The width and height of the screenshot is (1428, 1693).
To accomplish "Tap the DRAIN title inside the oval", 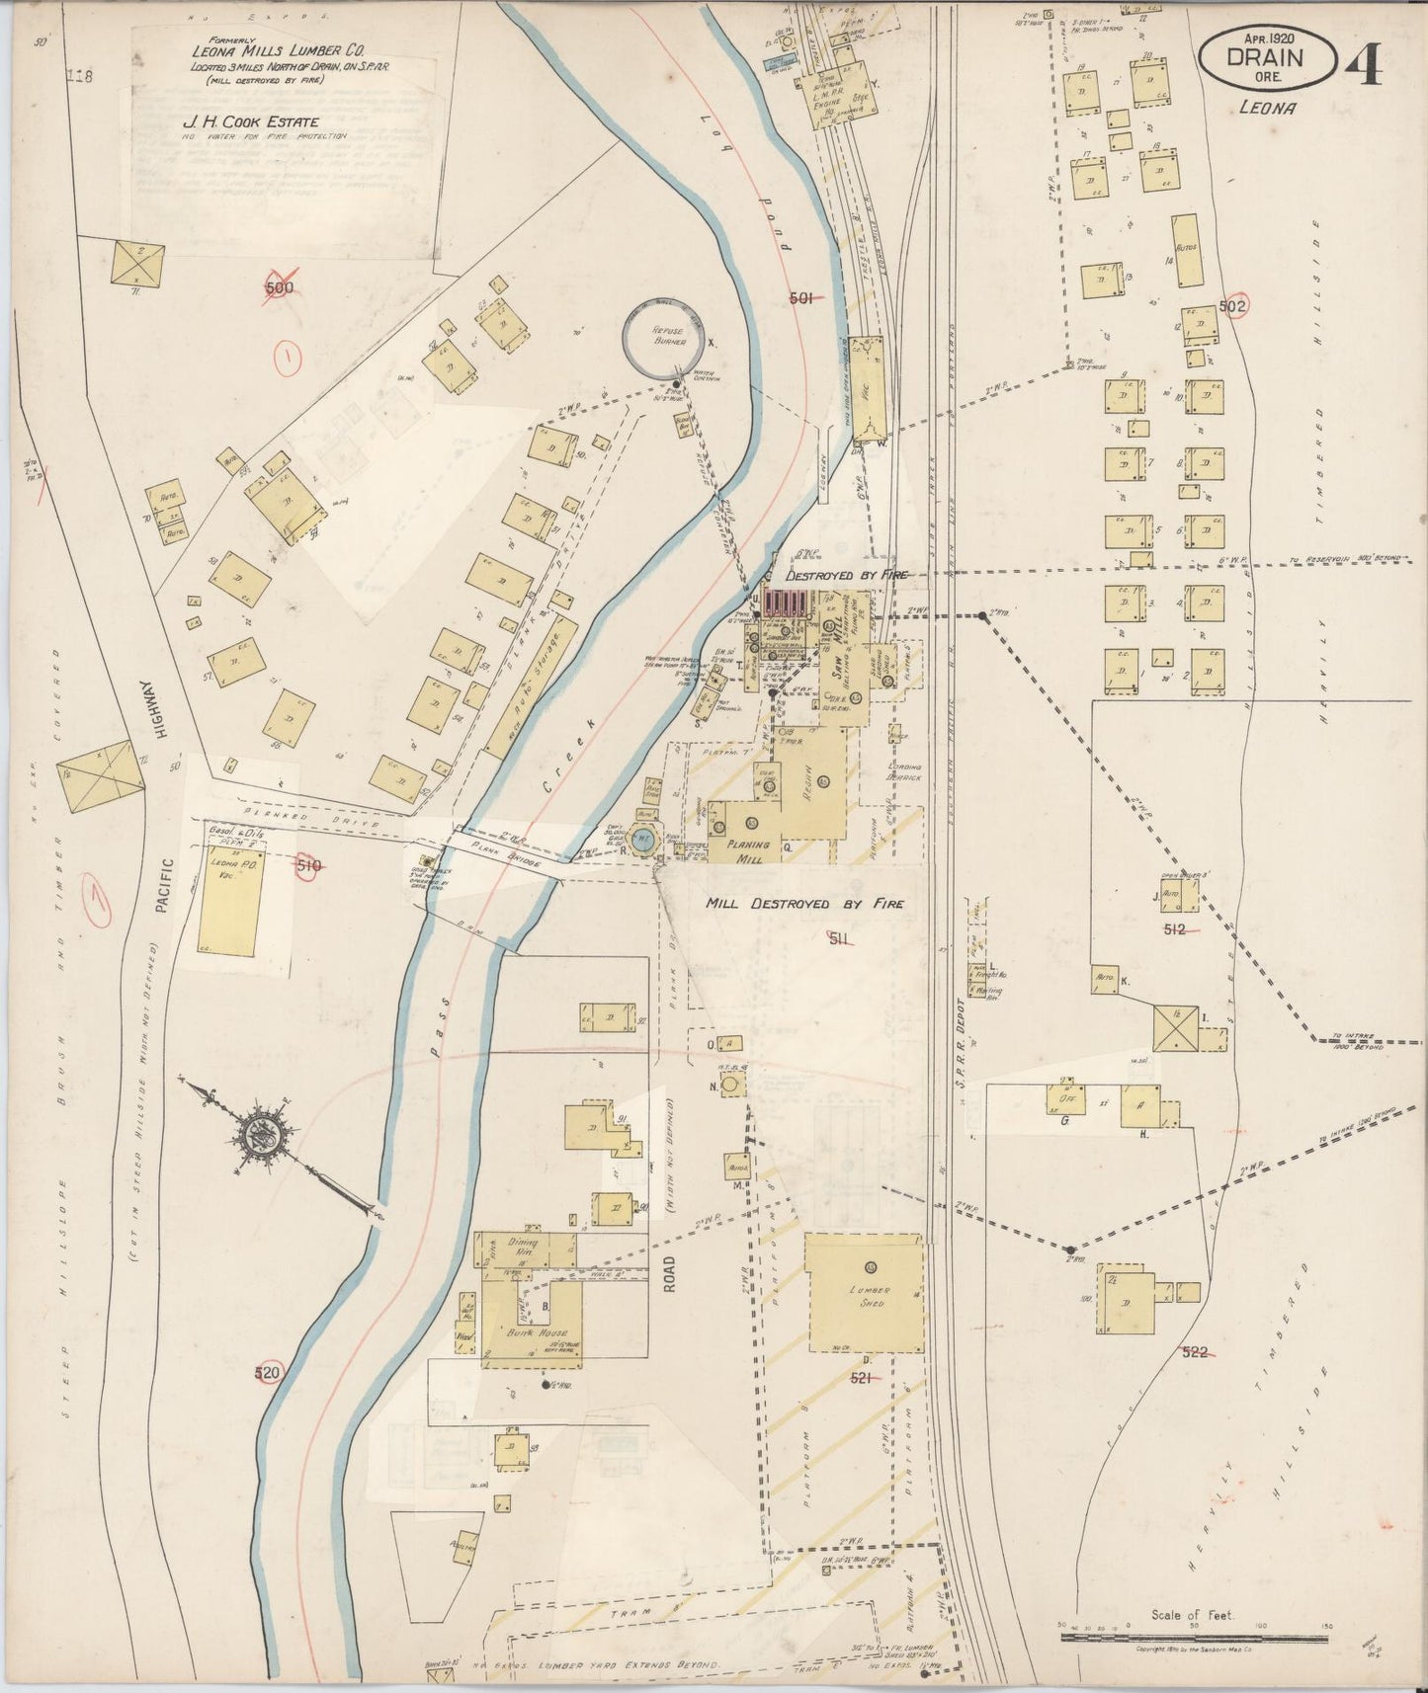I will pos(1264,56).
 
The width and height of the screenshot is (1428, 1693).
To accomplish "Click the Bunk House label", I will pos(534,1332).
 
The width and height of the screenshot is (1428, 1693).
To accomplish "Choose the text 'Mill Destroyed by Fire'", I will pos(803,903).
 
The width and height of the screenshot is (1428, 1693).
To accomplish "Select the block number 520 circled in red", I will pos(268,1372).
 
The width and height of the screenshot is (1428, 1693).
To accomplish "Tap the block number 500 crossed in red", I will pos(280,288).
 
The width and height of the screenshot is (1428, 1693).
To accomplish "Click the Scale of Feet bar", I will pos(1195,1636).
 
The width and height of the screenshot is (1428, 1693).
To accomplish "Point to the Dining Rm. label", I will pos(523,1248).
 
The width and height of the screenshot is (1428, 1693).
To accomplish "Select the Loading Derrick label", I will pos(903,771).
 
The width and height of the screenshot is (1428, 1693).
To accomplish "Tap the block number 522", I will pos(1194,1351).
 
